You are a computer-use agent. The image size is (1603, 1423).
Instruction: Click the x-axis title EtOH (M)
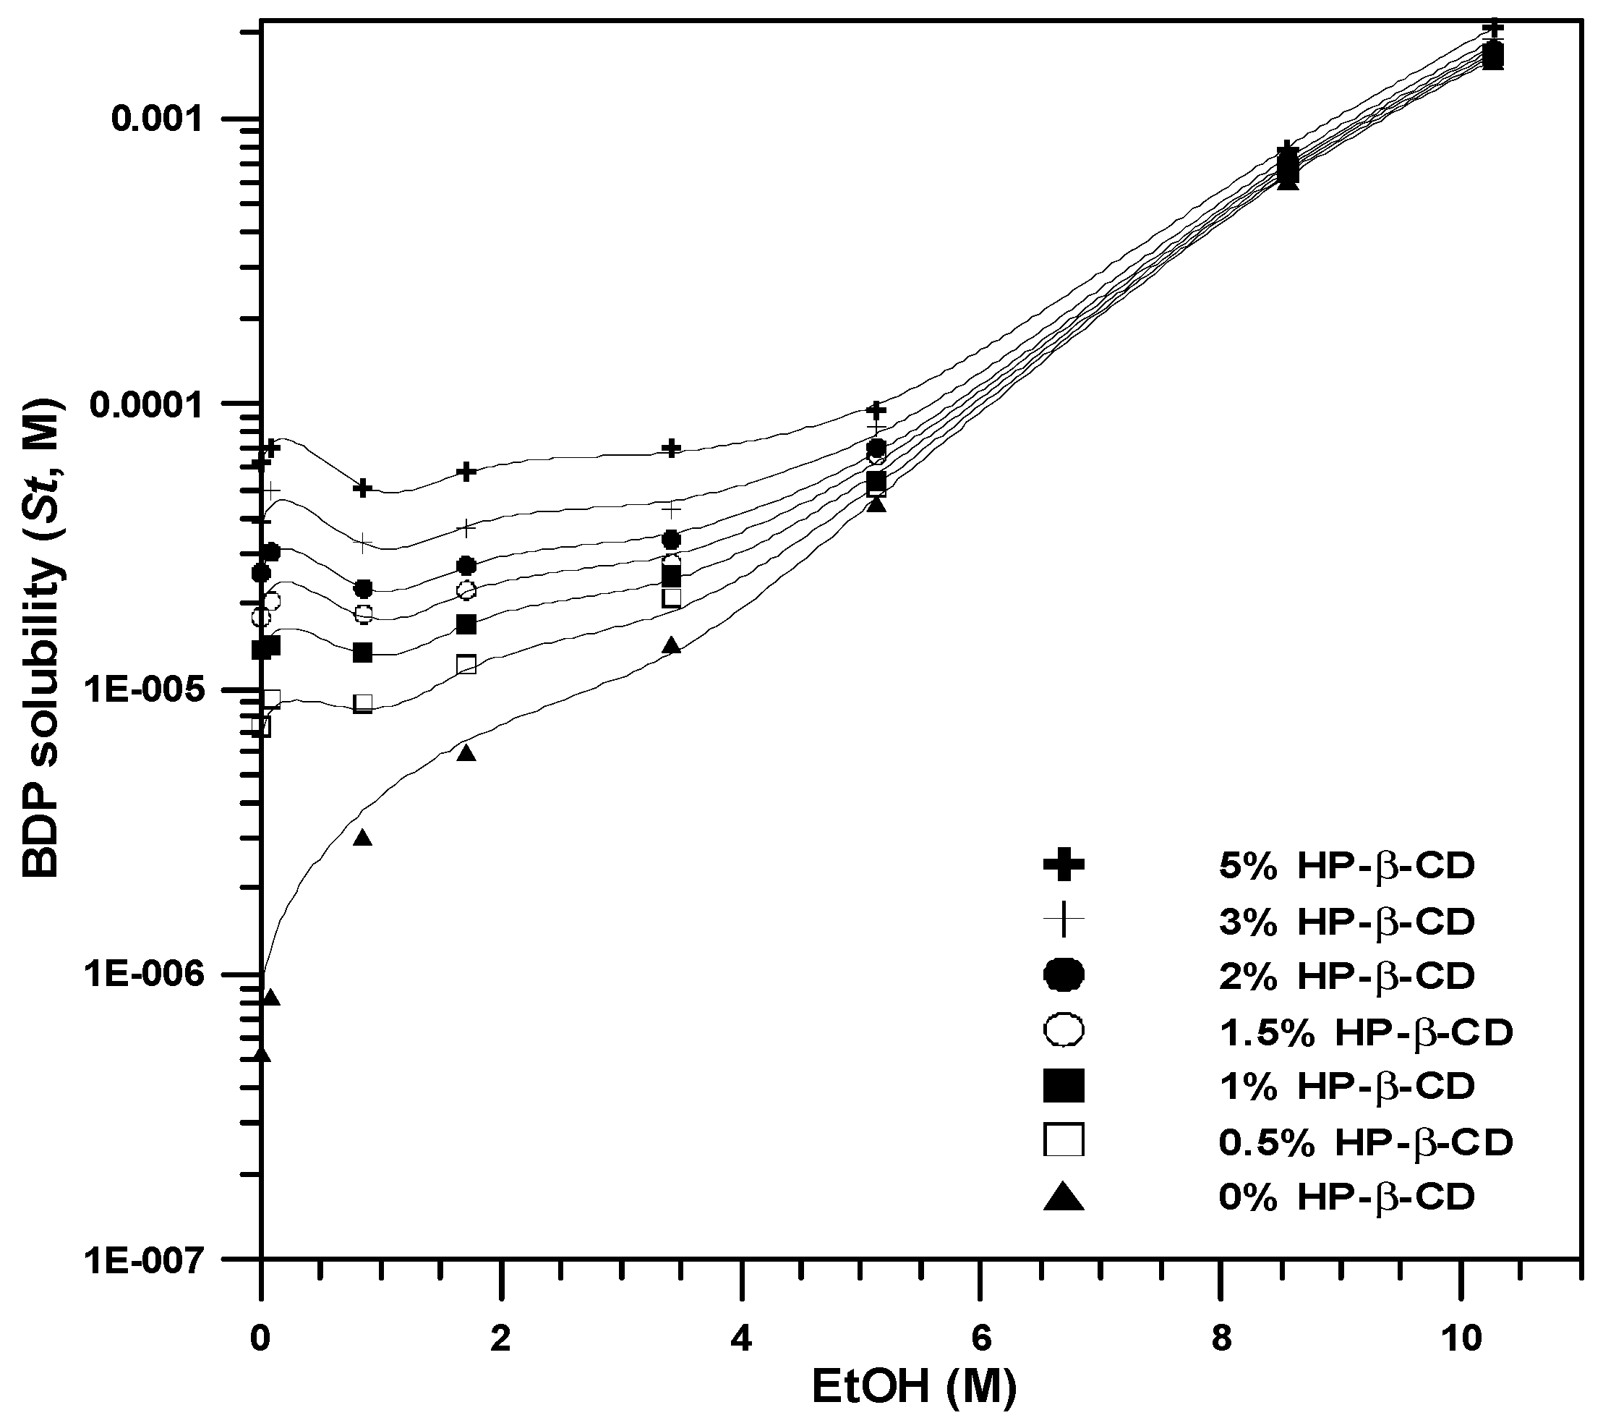pos(914,1386)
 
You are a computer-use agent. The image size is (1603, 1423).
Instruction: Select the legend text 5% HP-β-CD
pos(1346,865)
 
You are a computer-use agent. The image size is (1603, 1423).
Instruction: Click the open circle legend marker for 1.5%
pos(1064,1030)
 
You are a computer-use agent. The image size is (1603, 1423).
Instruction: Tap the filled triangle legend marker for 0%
pos(1064,1198)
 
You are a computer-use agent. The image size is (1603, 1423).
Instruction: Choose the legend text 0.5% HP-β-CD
pos(1364,1143)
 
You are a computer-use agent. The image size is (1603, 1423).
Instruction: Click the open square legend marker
pos(1064,1140)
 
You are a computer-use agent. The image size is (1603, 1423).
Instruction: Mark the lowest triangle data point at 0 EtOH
pos(262,1055)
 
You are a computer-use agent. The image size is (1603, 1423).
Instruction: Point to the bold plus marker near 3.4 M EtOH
pos(671,448)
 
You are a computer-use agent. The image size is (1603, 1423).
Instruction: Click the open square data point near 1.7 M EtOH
pos(466,664)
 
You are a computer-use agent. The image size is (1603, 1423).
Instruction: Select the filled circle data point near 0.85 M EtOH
pos(363,588)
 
